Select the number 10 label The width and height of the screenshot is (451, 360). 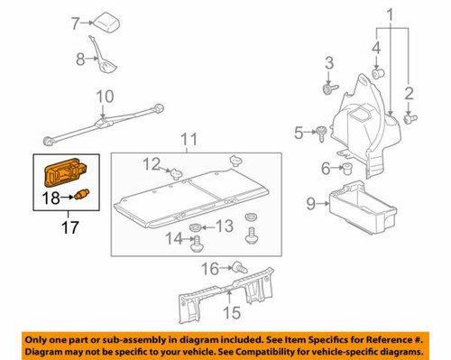click(105, 96)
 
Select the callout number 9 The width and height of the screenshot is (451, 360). click(310, 204)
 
